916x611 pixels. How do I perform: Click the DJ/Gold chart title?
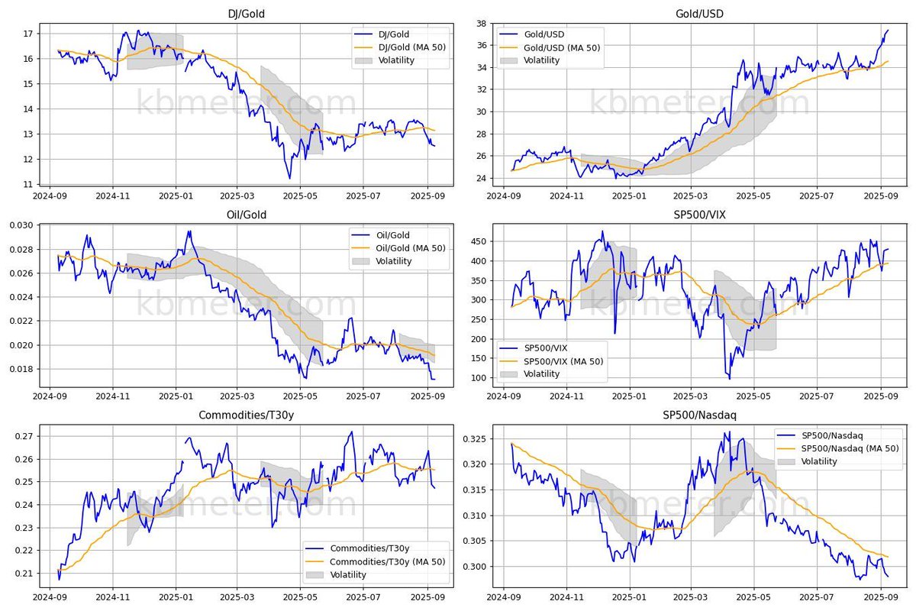coord(243,14)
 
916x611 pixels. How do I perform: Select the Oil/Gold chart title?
coord(243,215)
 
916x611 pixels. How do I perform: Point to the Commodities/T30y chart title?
coord(243,415)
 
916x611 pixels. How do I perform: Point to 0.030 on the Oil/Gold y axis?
coord(18,225)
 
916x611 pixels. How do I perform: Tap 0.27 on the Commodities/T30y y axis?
coord(21,436)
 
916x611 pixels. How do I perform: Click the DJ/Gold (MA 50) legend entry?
coord(409,47)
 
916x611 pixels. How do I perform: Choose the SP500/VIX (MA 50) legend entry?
coord(562,360)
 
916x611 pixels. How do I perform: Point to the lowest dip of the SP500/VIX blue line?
coord(729,378)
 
